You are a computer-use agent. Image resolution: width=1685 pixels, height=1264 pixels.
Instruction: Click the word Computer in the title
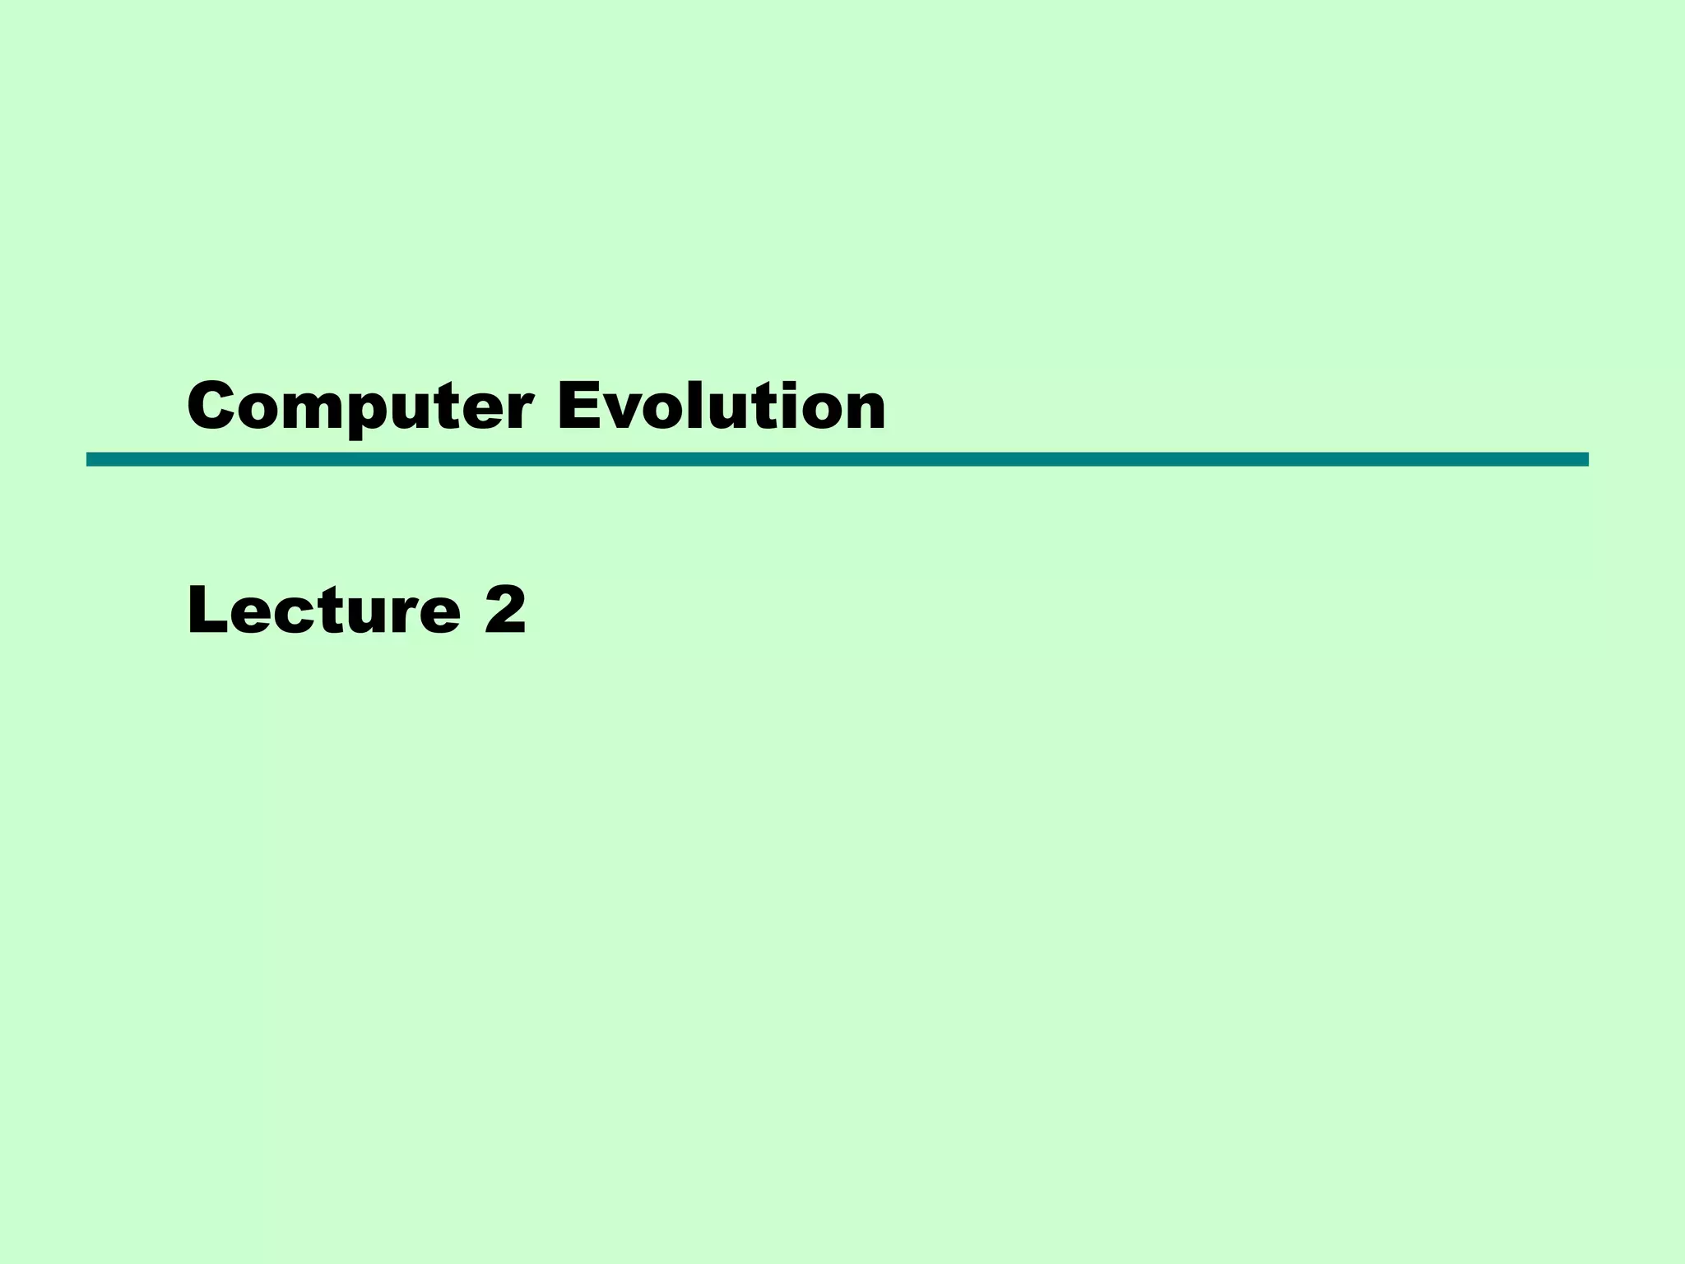[x=360, y=407]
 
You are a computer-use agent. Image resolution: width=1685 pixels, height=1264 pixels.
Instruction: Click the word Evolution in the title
[x=721, y=407]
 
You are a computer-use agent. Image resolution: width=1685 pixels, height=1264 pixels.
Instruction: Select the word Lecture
[x=323, y=611]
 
